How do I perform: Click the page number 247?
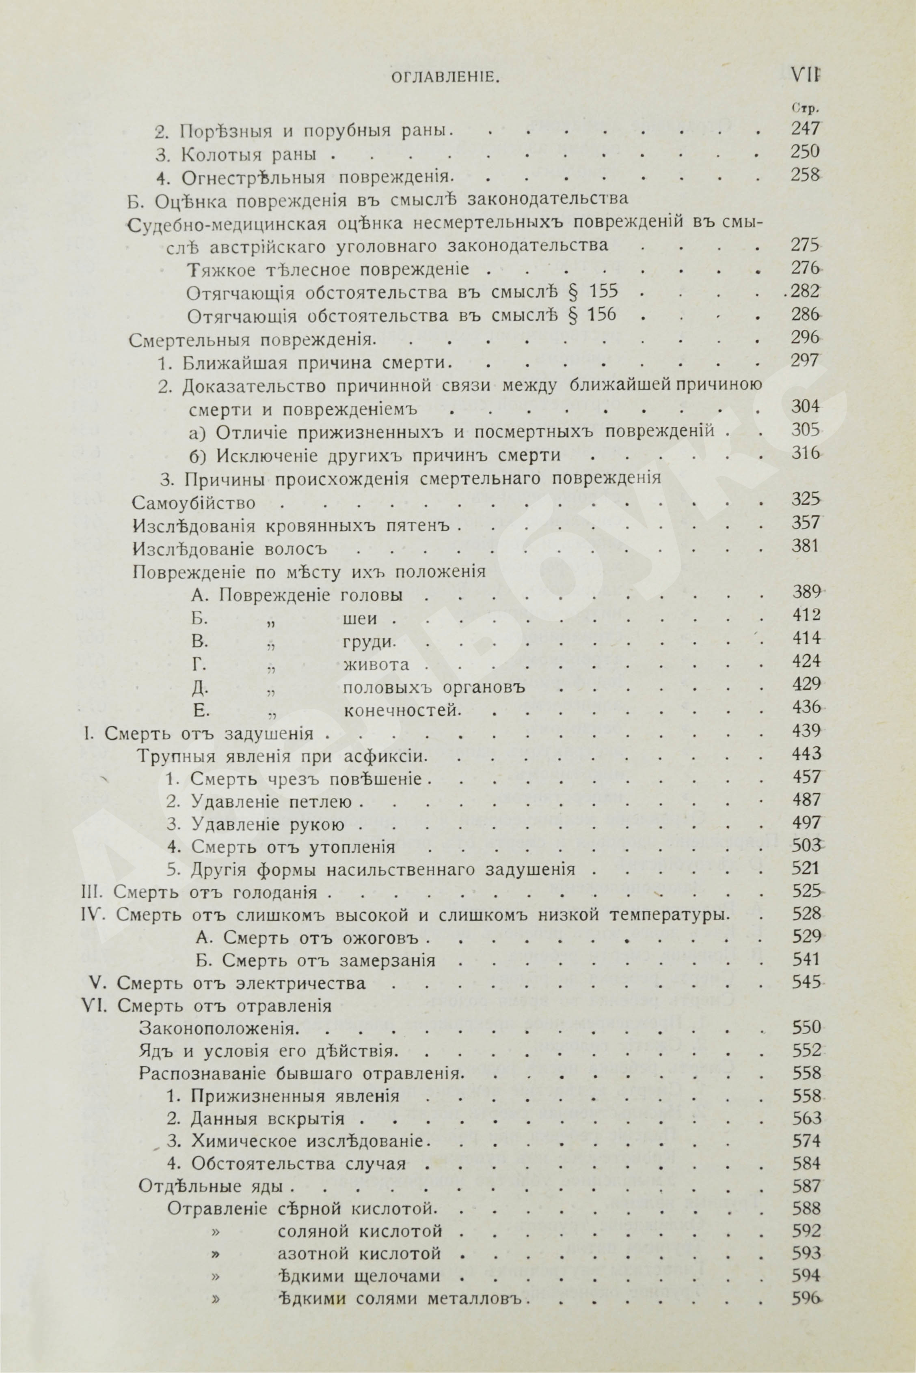pos(805,129)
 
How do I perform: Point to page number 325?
pos(805,500)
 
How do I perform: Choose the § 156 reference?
pos(592,315)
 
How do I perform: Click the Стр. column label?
pos(804,108)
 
